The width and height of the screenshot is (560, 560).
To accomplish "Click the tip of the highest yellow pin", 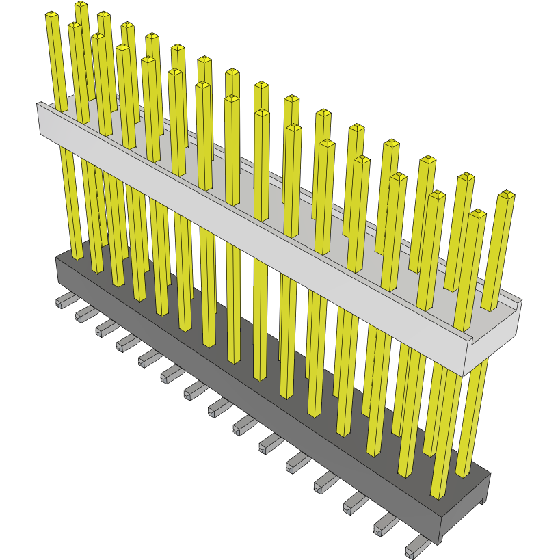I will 81,5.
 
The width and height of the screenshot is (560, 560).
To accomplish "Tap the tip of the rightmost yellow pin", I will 506,196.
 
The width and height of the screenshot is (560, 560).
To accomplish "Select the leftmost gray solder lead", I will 63,301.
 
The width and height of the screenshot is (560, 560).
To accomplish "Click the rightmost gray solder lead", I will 414,549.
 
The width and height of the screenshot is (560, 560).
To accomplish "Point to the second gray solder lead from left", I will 85,314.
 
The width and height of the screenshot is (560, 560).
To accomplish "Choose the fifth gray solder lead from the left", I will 148,358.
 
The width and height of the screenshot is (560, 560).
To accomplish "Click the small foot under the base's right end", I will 483,503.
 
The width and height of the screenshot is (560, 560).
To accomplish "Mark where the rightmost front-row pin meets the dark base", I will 440,494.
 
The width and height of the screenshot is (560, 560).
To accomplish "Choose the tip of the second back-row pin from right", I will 466,178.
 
